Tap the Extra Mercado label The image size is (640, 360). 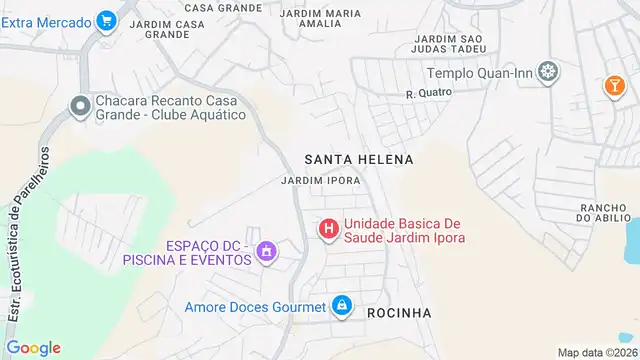tap(46, 20)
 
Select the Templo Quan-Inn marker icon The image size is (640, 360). tap(548, 72)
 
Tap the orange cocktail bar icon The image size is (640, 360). tap(611, 87)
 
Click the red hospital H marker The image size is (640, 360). tap(328, 230)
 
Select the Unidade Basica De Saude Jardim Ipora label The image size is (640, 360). tap(404, 230)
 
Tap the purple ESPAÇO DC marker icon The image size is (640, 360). tap(266, 252)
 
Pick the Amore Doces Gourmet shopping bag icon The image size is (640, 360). tap(342, 305)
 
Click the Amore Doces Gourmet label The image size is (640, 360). tap(255, 307)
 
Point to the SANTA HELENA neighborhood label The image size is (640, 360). tap(358, 159)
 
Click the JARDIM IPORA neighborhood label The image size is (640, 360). tap(320, 181)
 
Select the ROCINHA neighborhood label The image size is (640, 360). tap(399, 313)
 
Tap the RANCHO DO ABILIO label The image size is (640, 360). tap(603, 213)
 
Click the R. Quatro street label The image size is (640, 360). tap(429, 93)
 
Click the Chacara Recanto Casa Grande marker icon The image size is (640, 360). tap(79, 106)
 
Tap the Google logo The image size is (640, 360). tap(33, 347)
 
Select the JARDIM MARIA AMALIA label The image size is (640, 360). tap(320, 19)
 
